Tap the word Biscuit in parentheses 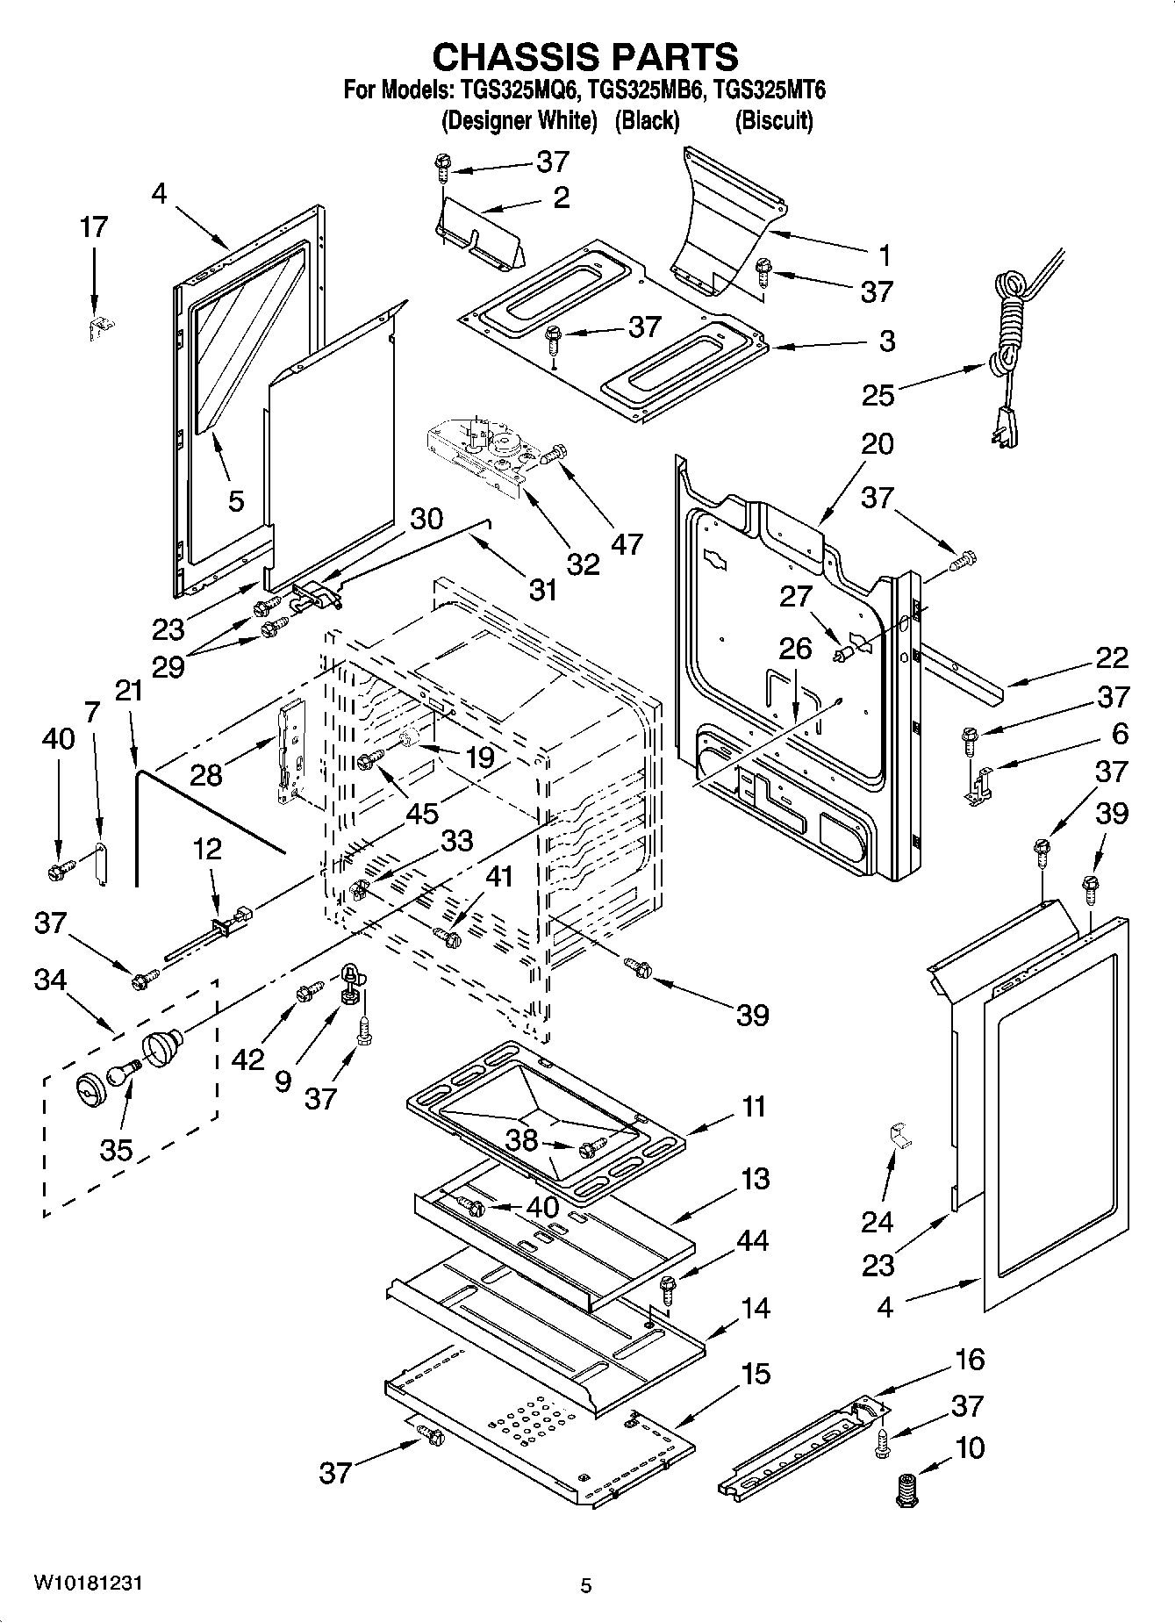(x=773, y=120)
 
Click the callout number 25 (x=878, y=395)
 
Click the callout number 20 (x=877, y=443)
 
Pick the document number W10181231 (x=88, y=1583)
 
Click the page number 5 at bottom (x=586, y=1585)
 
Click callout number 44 (x=752, y=1240)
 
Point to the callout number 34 (x=49, y=979)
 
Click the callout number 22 (x=1110, y=657)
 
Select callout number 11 (x=754, y=1106)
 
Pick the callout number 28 (x=208, y=774)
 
